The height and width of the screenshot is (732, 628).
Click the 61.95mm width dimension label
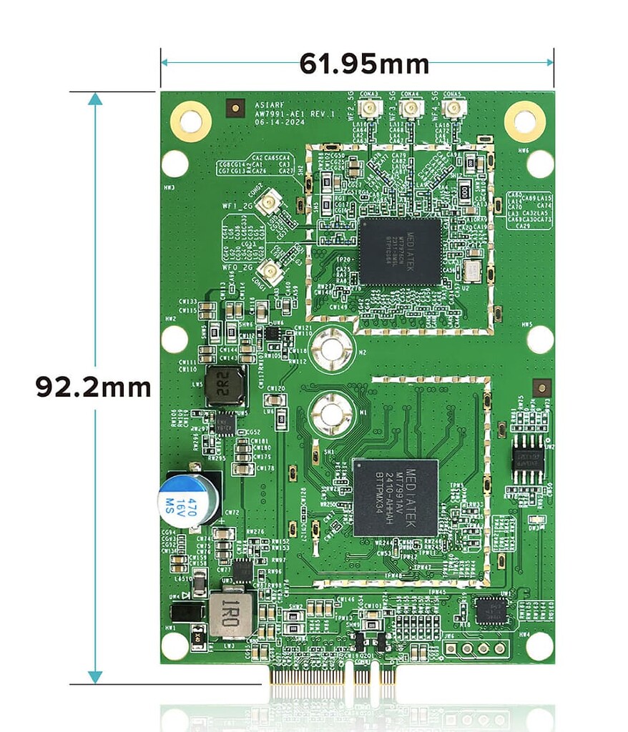(363, 64)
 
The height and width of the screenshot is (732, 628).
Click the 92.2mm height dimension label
(93, 387)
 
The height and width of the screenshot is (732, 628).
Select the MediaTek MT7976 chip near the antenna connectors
(400, 252)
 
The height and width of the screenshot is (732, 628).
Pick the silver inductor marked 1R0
(230, 613)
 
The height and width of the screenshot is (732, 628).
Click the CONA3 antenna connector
(370, 109)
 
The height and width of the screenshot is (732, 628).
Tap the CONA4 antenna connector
(411, 109)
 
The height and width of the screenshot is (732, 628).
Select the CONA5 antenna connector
(451, 109)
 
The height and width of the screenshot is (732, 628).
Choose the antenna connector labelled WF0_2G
(270, 271)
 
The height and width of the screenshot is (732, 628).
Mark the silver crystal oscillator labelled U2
(473, 271)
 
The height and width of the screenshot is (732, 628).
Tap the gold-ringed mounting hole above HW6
(524, 122)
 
